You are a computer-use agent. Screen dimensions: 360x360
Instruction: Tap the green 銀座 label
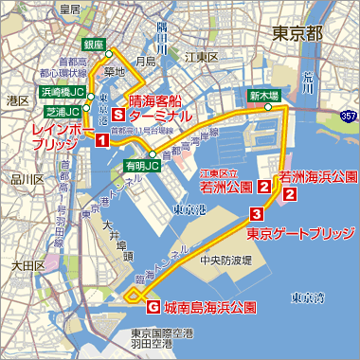coord(93,44)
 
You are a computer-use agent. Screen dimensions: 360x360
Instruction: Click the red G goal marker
coord(153,307)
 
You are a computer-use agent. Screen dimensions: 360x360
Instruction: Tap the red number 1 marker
coord(101,141)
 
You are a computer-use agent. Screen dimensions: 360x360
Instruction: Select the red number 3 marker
coord(256,213)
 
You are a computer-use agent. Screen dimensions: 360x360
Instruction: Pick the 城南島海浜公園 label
coord(209,307)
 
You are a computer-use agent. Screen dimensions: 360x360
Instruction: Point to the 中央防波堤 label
coord(225,259)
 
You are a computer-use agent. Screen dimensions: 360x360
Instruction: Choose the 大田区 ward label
coord(22,266)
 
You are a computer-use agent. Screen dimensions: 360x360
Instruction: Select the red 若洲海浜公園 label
coord(317,176)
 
